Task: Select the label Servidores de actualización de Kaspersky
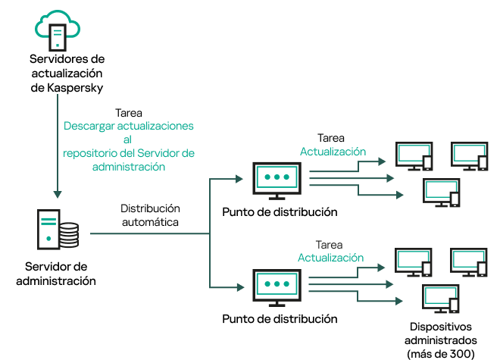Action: [66, 73]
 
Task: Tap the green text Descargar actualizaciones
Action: [129, 125]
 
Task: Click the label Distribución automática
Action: [150, 214]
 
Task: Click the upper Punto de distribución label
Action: [280, 212]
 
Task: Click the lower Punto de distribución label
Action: [280, 319]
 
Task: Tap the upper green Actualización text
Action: [333, 152]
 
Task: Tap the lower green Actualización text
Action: [330, 258]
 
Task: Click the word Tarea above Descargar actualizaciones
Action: [129, 111]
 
